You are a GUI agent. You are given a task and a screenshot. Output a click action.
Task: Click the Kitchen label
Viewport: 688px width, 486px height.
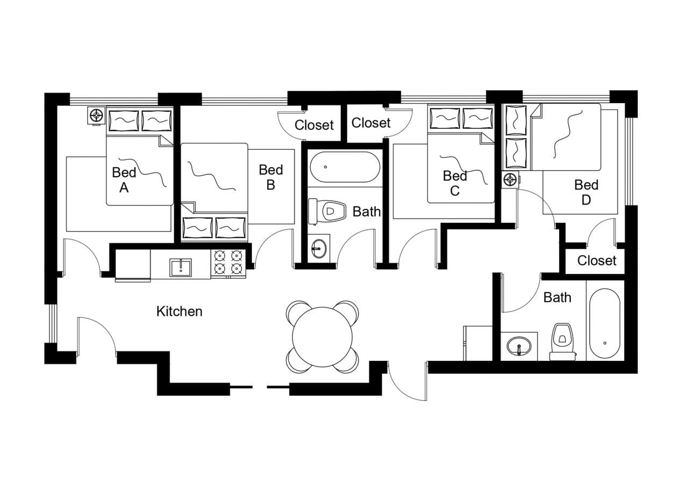point(179,311)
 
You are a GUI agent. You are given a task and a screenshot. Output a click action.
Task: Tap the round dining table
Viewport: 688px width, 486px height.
point(322,337)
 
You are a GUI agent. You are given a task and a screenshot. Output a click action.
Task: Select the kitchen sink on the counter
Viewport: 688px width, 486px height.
point(181,267)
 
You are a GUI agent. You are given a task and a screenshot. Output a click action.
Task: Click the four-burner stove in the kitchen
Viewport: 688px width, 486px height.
point(228,263)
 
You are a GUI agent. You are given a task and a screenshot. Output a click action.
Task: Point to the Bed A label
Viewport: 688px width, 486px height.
point(124,180)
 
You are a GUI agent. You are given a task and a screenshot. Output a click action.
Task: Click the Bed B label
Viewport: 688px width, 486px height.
point(270,177)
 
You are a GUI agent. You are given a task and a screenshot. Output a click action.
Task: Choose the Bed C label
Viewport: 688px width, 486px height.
point(455,183)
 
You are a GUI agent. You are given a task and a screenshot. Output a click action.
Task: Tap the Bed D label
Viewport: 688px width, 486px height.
point(586,192)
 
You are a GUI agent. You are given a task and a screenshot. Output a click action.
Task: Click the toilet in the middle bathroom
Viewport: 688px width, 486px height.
point(327,212)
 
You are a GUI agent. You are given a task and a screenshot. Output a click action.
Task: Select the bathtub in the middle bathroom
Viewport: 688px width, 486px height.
point(345,167)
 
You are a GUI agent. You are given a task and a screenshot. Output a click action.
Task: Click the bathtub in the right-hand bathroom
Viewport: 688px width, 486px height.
point(605,324)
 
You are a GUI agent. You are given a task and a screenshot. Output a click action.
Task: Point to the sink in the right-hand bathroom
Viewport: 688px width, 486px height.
point(519,345)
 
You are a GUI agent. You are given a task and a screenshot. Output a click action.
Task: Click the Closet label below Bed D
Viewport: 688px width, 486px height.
point(597,260)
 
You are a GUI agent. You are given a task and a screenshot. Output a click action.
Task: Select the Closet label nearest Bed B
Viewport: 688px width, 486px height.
point(314,125)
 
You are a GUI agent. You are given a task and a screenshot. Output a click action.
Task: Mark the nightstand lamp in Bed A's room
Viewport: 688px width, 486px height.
point(96,115)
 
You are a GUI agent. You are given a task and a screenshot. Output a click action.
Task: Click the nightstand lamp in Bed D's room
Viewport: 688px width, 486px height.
point(510,179)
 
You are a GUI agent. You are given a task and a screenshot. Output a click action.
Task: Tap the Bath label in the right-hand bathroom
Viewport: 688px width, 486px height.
point(557,298)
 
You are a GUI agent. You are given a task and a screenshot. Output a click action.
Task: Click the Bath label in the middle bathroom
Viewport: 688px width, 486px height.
point(367,212)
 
